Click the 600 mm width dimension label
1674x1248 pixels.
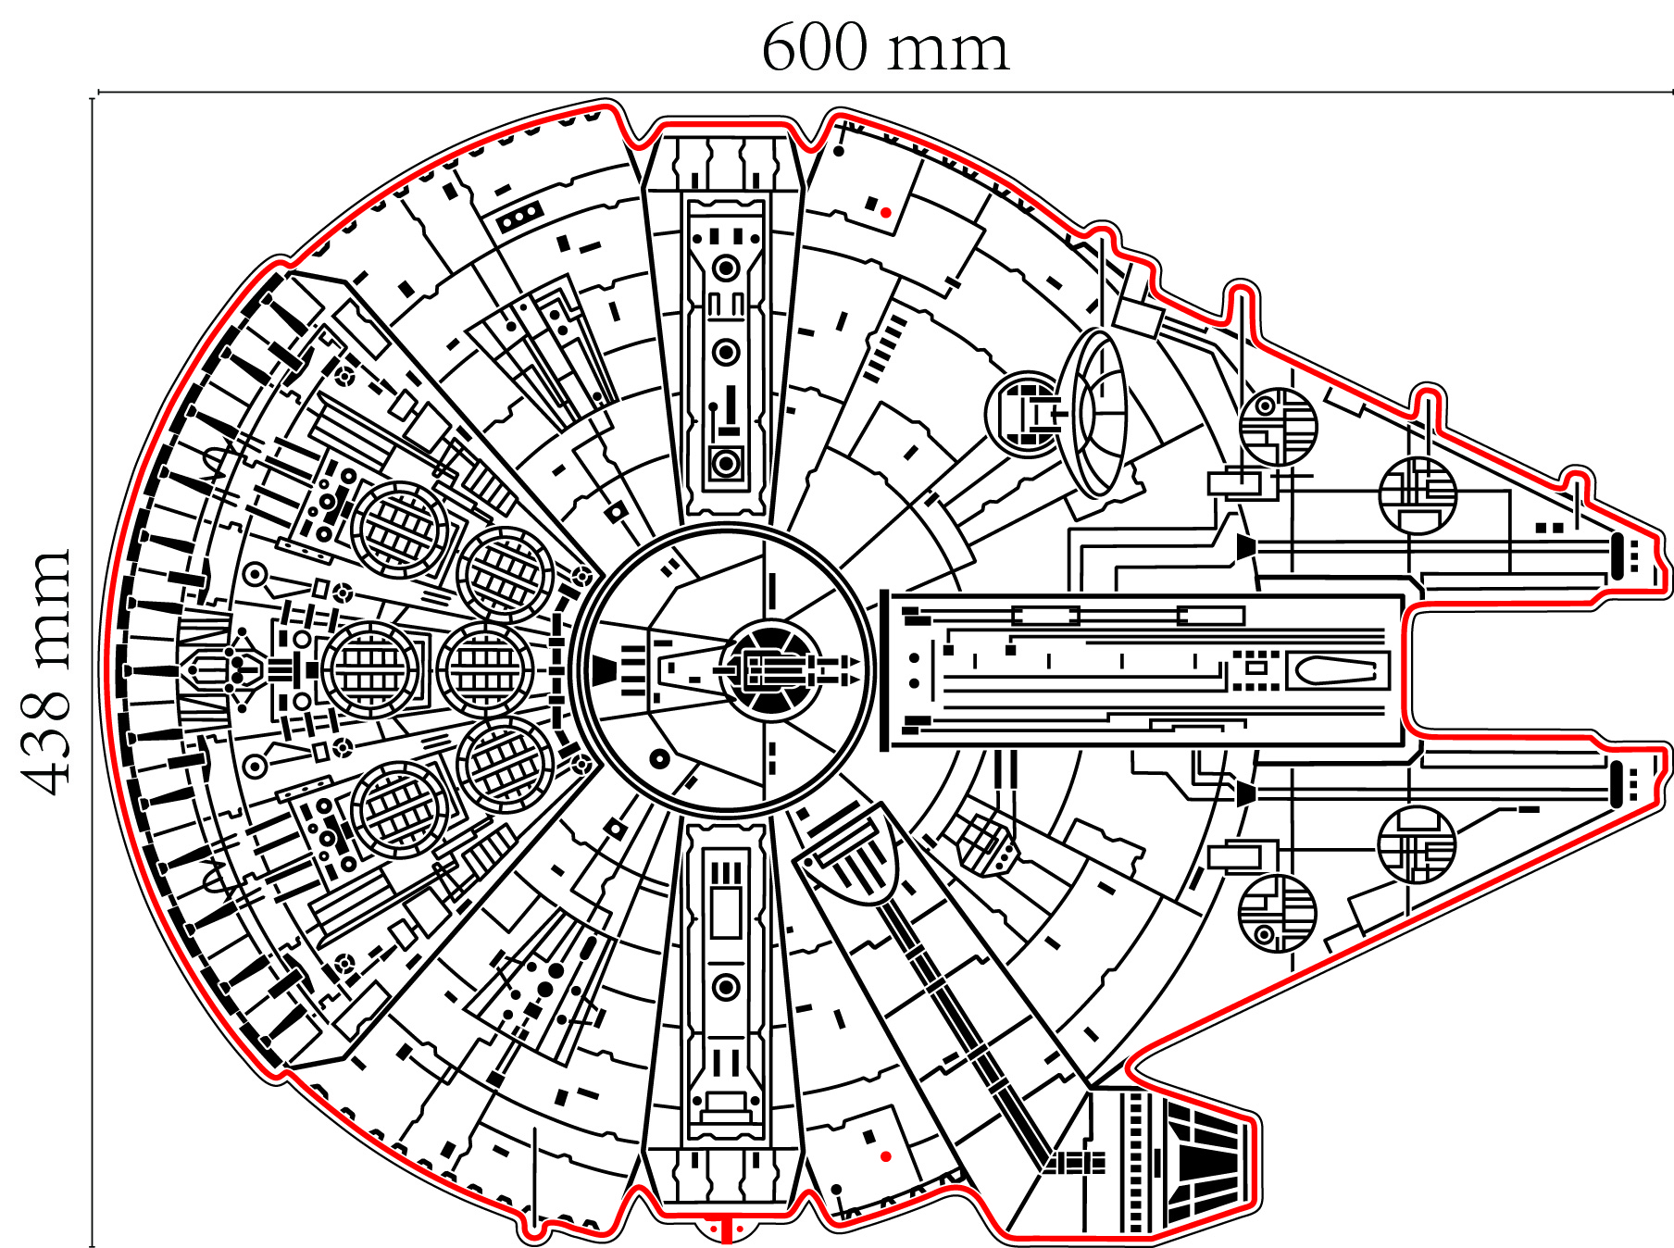pyautogui.click(x=884, y=48)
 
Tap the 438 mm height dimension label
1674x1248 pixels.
pyautogui.click(x=46, y=671)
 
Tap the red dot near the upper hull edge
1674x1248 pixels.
pyautogui.click(x=886, y=213)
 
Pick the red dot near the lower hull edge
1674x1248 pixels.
pyautogui.click(x=886, y=1156)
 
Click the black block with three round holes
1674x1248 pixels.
pyautogui.click(x=520, y=217)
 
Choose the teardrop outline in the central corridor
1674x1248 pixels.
pyautogui.click(x=1332, y=670)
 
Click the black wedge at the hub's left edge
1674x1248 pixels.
pyautogui.click(x=605, y=669)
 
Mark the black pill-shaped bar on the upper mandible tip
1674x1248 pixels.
pyautogui.click(x=1618, y=556)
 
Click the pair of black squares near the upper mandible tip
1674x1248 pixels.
pyautogui.click(x=1549, y=528)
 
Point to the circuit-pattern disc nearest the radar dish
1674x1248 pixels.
pyautogui.click(x=1278, y=427)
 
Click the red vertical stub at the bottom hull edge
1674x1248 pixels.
pyautogui.click(x=727, y=1230)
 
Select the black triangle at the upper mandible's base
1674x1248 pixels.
pyautogui.click(x=1246, y=547)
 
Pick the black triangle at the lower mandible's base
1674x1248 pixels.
pyautogui.click(x=1246, y=793)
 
